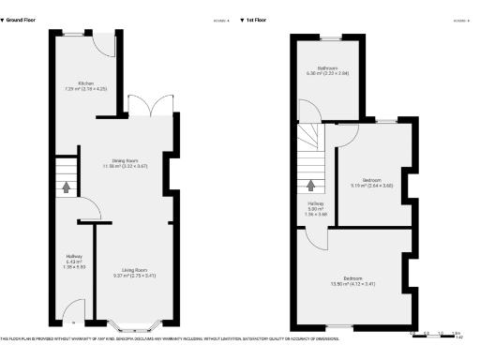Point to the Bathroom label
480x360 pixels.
tap(327, 69)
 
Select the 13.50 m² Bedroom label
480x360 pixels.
tap(352, 279)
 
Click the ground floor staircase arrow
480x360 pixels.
tap(67, 187)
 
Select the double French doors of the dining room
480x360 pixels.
tap(138, 106)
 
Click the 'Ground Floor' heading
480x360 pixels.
tap(23, 19)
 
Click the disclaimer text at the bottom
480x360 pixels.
tap(169, 338)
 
